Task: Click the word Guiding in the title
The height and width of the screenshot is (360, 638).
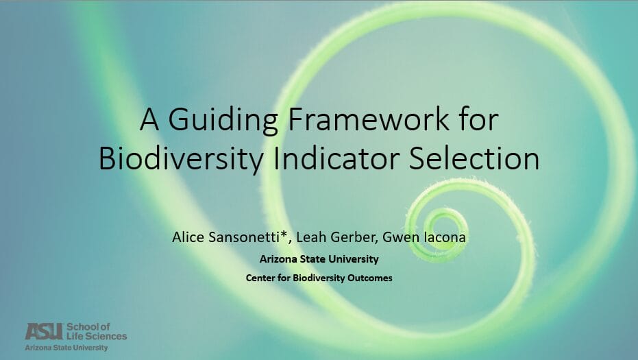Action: (x=223, y=121)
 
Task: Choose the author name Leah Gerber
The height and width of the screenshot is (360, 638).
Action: (x=336, y=237)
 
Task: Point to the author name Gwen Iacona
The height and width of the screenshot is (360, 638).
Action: (x=424, y=237)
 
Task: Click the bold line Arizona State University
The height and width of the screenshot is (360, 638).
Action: (x=319, y=259)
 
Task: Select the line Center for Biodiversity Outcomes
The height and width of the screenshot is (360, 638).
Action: (x=319, y=278)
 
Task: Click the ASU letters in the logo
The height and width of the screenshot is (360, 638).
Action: (x=45, y=331)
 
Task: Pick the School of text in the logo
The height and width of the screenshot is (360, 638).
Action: (x=88, y=326)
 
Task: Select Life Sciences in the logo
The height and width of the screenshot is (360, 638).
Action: (x=97, y=336)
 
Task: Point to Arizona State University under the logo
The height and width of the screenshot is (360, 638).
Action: (x=66, y=348)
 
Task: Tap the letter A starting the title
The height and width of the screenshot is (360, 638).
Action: (x=149, y=119)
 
